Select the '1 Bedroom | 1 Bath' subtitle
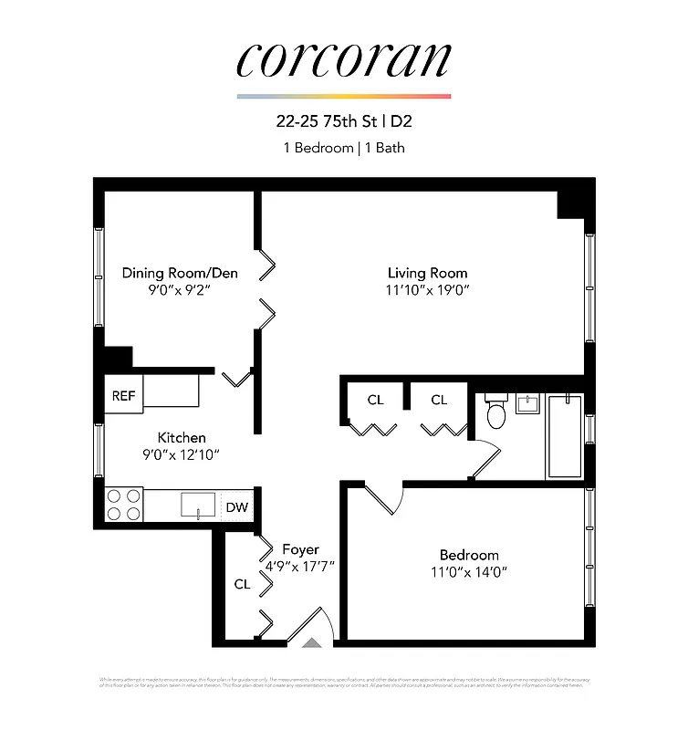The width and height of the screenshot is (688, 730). point(343,147)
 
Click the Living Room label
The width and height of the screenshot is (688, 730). point(427,273)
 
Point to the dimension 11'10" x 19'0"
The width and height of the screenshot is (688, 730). point(427,290)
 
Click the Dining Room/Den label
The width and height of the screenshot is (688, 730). point(180,273)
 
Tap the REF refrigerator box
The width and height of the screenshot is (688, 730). point(123,396)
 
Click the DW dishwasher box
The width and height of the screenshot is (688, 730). point(237,506)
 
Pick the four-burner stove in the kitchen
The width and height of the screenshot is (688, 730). point(124,505)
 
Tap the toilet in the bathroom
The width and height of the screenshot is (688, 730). point(496,413)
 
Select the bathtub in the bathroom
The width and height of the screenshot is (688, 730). point(564,436)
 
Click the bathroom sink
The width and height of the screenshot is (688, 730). point(528,402)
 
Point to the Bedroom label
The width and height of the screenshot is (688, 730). point(469,555)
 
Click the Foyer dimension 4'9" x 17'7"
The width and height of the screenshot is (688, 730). point(300,566)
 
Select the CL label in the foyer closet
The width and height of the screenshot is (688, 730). point(242,584)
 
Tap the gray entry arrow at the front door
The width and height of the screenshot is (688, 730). point(311,643)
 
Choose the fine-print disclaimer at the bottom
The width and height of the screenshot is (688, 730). point(343,683)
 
